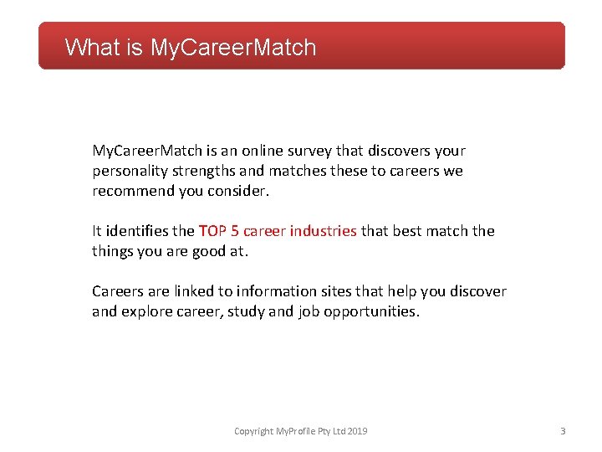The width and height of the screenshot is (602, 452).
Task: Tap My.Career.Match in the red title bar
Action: [233, 47]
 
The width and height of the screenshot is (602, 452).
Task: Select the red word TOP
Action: [212, 231]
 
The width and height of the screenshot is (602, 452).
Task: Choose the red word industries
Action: [323, 231]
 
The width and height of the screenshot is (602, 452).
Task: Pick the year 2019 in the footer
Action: [357, 432]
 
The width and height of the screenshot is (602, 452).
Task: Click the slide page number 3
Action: [563, 432]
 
